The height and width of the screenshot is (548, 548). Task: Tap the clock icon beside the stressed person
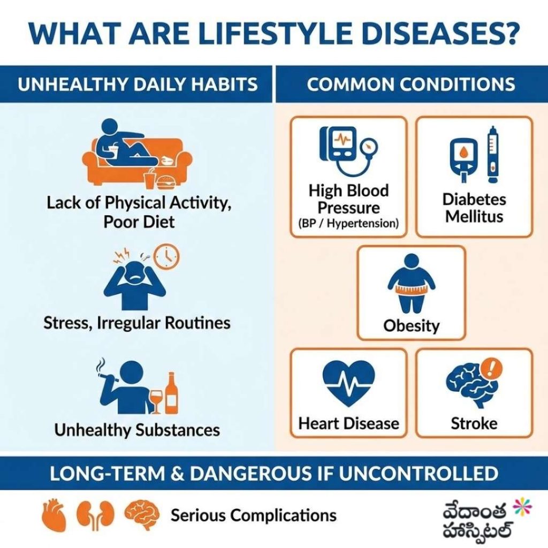[x=166, y=256]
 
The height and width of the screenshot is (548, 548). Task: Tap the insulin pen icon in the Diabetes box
[x=491, y=153]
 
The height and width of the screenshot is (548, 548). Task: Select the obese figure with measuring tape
[x=411, y=284]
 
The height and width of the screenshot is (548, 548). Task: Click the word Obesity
[x=411, y=325]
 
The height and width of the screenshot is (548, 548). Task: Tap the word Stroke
[x=474, y=423]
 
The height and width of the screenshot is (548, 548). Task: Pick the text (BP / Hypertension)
[x=348, y=224]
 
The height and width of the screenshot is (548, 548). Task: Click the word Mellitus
[x=474, y=217]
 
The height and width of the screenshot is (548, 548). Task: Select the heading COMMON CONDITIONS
[x=410, y=84]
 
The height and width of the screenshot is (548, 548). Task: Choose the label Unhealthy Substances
[x=137, y=430]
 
